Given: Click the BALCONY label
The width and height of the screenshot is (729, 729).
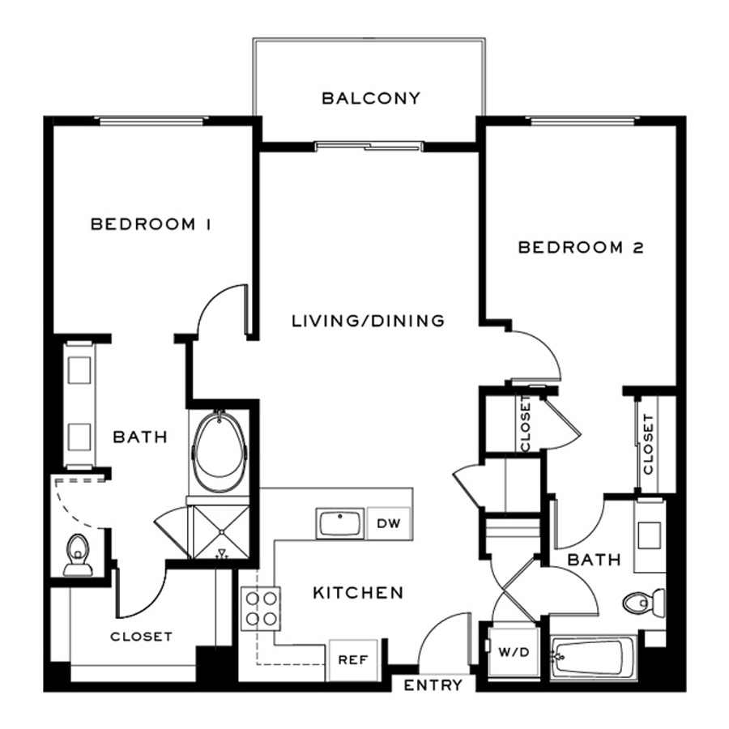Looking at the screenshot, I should click(x=371, y=99).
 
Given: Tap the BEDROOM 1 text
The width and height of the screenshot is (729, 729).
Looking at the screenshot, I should click(x=151, y=224).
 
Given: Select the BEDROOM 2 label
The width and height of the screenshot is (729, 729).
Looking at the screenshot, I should click(x=580, y=248).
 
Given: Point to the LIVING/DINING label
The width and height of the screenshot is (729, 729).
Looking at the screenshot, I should click(x=368, y=321).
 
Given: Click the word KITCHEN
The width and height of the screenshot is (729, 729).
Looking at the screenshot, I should click(x=358, y=593).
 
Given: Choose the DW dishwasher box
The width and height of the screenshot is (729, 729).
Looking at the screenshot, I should click(x=389, y=523).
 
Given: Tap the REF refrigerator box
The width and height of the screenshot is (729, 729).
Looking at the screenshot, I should click(x=352, y=659).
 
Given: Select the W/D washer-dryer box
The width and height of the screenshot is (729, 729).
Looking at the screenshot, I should click(x=512, y=651).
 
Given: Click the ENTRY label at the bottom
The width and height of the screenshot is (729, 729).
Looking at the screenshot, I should click(x=433, y=685).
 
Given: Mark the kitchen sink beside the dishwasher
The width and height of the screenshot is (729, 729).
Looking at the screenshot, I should click(x=340, y=523).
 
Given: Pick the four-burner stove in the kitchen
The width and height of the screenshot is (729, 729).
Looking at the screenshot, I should click(x=261, y=608).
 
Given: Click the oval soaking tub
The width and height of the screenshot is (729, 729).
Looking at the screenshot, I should click(x=218, y=452).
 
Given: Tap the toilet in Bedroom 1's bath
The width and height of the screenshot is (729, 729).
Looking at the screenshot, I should click(x=78, y=554).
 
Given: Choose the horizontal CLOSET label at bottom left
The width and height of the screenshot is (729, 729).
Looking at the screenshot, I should click(x=141, y=637).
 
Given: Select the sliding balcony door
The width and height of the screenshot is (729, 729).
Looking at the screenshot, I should click(x=369, y=147).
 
